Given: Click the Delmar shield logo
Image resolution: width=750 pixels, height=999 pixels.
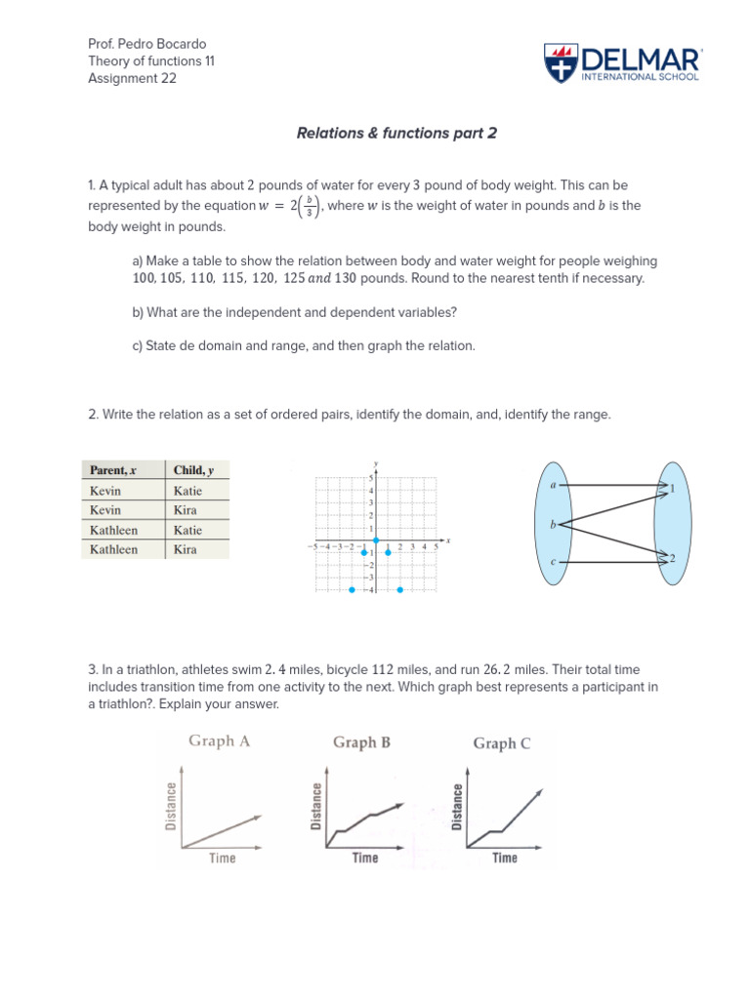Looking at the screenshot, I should (x=559, y=63).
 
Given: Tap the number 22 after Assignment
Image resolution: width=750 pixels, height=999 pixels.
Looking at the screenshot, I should (x=168, y=79).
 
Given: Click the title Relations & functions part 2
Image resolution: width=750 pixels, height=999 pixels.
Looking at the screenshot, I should (x=396, y=133).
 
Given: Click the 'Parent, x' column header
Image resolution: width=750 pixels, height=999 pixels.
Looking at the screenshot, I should (x=113, y=470).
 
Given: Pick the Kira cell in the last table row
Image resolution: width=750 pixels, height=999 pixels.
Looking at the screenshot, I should (x=185, y=549).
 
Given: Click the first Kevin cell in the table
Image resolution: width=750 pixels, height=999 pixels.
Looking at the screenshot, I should (x=105, y=491).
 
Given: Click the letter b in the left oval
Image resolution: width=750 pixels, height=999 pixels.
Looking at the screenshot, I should (x=553, y=525).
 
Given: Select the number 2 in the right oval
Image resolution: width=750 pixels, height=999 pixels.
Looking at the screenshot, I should (x=673, y=558).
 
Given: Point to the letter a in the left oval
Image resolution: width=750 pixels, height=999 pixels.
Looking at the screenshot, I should (x=554, y=484).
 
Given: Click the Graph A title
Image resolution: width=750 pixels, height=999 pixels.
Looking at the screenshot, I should (x=220, y=740).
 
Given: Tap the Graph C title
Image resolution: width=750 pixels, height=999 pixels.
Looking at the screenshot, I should (x=502, y=743).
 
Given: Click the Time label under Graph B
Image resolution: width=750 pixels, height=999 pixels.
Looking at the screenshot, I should (x=364, y=858).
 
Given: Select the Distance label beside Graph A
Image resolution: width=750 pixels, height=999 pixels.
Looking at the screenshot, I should (x=172, y=807).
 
